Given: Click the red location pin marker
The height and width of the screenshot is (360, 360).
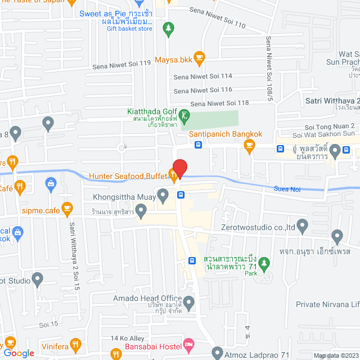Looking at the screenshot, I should click(x=179, y=167).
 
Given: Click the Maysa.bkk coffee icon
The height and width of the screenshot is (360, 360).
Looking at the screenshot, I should click(x=199, y=56).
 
